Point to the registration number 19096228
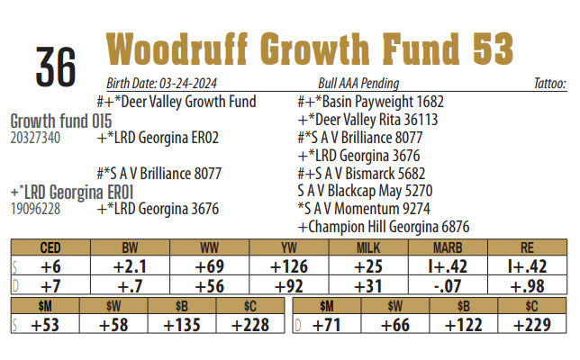point(35,209)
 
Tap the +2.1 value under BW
point(129,265)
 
